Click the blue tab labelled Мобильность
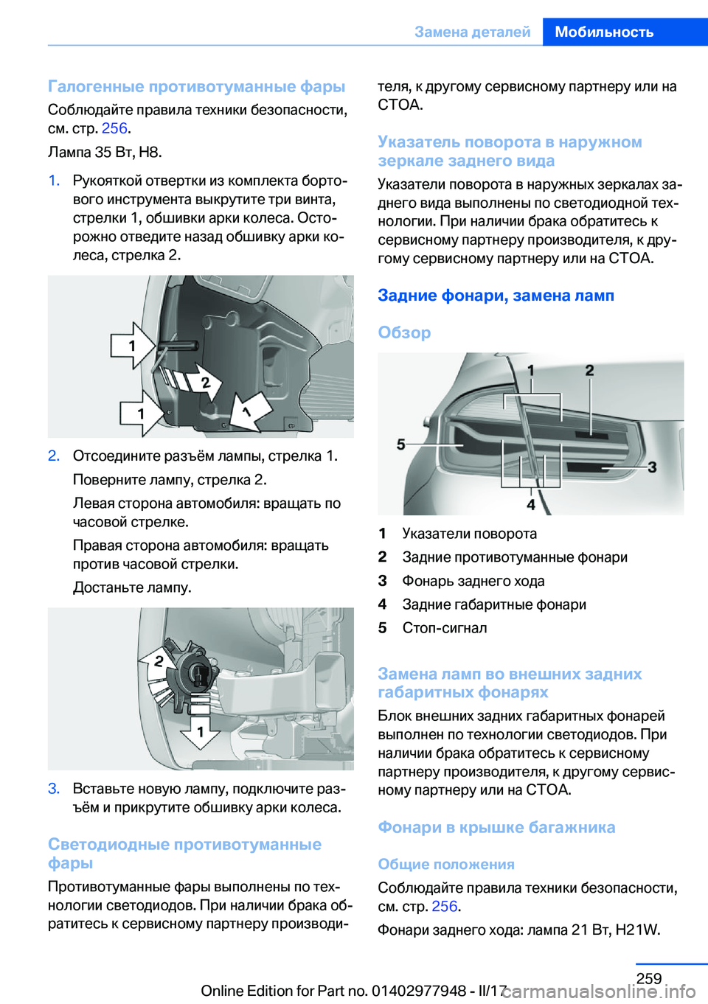pos(604,32)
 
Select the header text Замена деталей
pos(472,32)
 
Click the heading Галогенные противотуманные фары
pos(196,86)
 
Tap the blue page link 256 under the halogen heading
pos(114,128)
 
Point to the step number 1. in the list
pos(54,181)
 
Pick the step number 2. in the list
pos(54,456)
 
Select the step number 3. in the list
pos(54,789)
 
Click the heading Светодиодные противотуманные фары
pos(184,854)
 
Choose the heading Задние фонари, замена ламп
pos(496,296)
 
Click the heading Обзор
pos(404,332)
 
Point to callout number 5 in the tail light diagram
pos(401,444)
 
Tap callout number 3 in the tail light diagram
pos(652,467)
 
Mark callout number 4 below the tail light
pos(531,504)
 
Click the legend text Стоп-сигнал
pos(445,628)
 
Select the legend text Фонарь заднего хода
pos(473,581)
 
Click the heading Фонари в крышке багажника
pos(496,827)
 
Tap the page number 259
pos(648,978)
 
